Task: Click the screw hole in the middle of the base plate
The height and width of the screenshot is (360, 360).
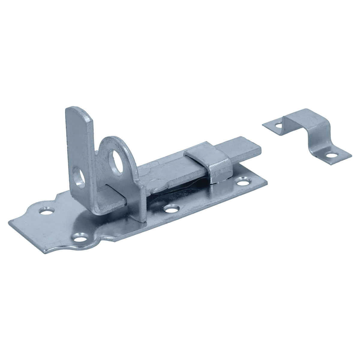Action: pos(171,208)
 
